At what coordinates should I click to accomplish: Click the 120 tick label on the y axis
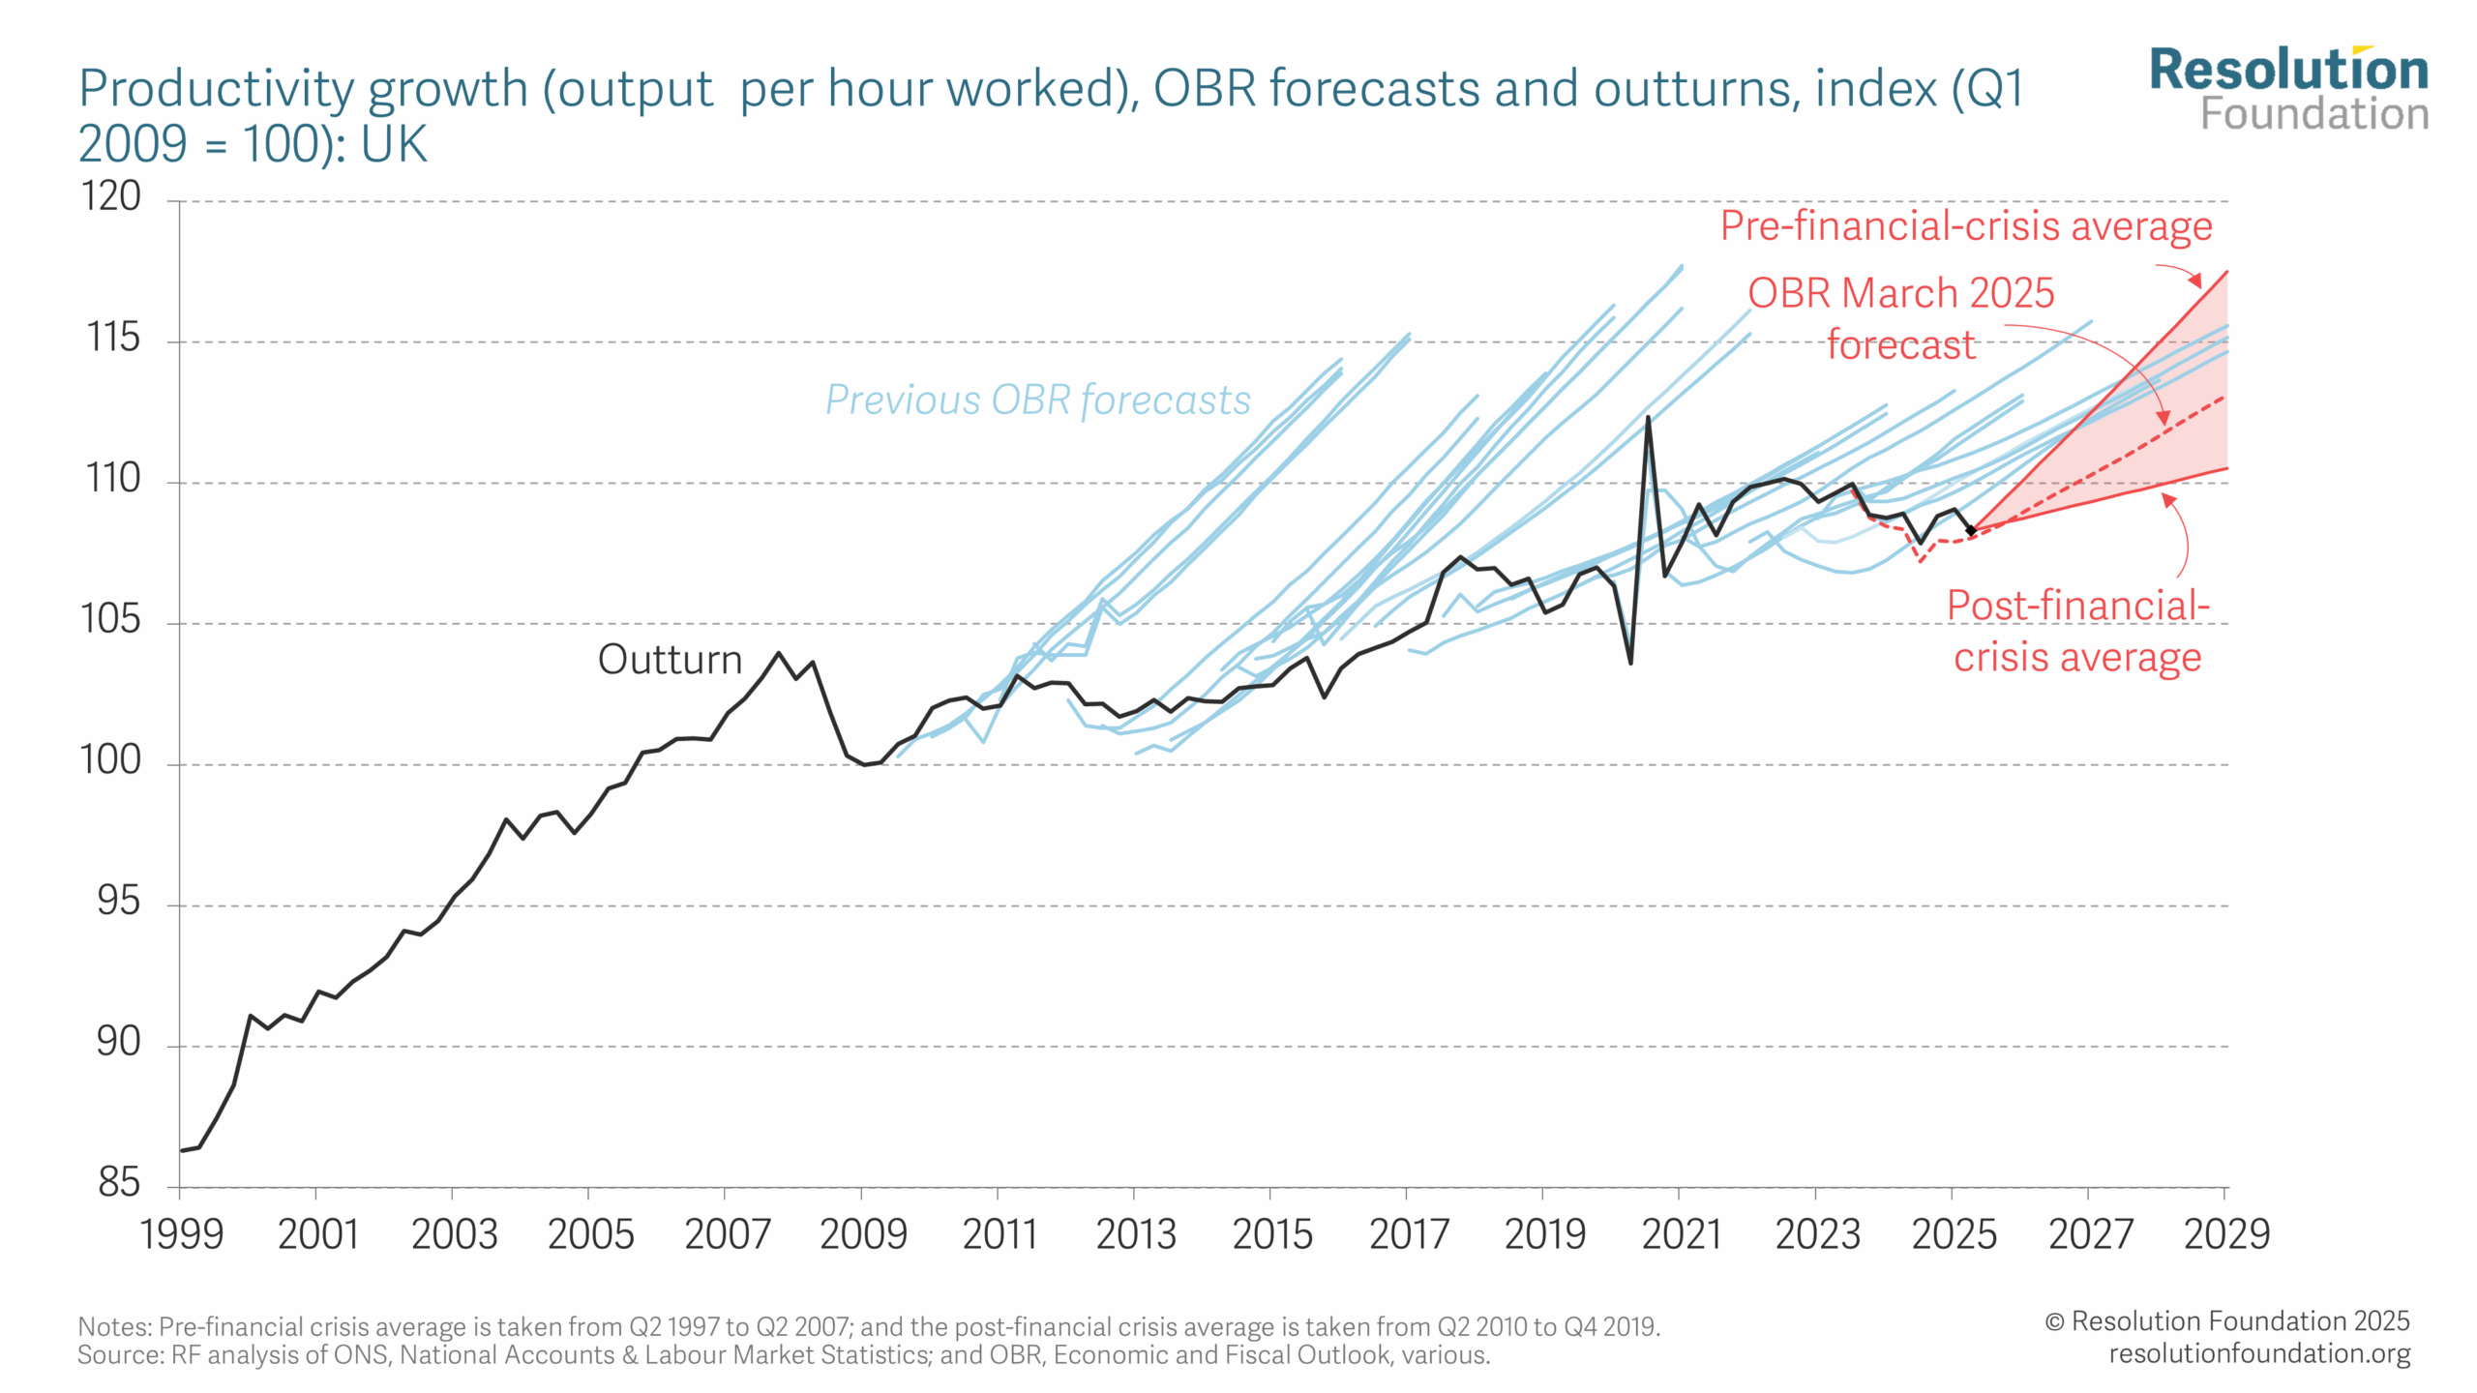coord(112,196)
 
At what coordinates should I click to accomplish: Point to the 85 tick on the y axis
coord(118,1183)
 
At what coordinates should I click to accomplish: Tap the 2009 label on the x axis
coord(862,1234)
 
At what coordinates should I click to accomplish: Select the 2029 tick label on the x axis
coord(2226,1234)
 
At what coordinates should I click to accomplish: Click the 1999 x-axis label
coord(181,1234)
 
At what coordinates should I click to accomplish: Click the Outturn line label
coord(670,660)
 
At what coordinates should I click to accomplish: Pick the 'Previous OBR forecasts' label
coord(1037,400)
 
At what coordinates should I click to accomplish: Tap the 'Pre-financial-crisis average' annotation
coord(1965,226)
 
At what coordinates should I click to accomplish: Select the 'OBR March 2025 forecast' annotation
coord(1900,318)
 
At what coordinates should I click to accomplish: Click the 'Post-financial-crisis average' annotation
coord(2077,631)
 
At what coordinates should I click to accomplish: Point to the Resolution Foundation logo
coord(2288,89)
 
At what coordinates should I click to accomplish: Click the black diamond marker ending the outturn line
coord(1971,530)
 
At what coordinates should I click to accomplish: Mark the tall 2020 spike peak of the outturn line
coord(1648,418)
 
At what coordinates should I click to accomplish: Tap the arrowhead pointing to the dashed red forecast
coord(2164,418)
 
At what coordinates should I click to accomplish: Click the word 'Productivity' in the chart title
coord(218,89)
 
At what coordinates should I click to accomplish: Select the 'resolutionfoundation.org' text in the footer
coord(2259,1353)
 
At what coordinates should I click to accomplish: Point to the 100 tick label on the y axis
coord(110,760)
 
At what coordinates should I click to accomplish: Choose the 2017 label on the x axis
coord(1408,1234)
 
